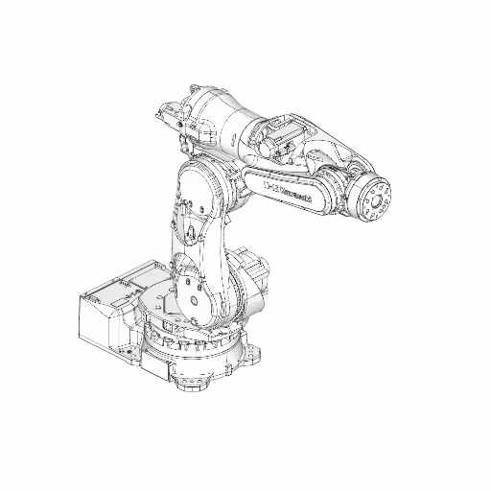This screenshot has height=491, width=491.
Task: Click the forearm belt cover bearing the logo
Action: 288,188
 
